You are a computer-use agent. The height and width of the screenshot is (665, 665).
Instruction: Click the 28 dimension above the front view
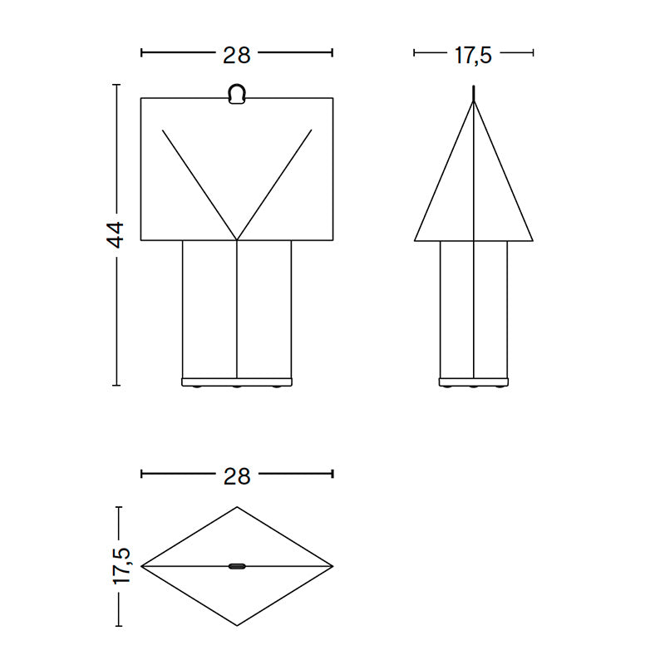coord(237,55)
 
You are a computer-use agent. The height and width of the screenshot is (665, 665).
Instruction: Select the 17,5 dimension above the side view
coord(473,55)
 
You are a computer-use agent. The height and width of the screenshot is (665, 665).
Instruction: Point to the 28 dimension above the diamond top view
coord(237,475)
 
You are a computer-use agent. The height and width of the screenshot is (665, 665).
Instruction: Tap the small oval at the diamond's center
coord(237,566)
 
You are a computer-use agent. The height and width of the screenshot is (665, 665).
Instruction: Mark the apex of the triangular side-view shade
coord(474,101)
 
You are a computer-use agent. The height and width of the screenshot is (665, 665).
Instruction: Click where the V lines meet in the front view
coord(237,240)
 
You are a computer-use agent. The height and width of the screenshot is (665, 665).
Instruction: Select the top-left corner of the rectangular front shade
coord(141,98)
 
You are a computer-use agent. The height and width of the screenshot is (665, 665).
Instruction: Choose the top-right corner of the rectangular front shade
coord(332,98)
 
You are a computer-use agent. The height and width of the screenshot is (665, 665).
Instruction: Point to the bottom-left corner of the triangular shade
coord(415,240)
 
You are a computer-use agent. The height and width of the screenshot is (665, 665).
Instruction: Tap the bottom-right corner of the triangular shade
coord(531,240)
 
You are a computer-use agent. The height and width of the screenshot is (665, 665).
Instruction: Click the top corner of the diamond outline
coord(237,507)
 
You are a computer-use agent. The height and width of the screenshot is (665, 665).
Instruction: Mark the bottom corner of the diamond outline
coord(237,625)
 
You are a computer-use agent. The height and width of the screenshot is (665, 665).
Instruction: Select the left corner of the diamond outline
coord(141,566)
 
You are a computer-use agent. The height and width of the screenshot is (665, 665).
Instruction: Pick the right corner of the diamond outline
coord(332,566)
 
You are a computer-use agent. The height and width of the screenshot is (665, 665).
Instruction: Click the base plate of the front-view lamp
coord(237,382)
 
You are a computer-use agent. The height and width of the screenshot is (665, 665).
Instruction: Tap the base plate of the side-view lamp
coord(473,382)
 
